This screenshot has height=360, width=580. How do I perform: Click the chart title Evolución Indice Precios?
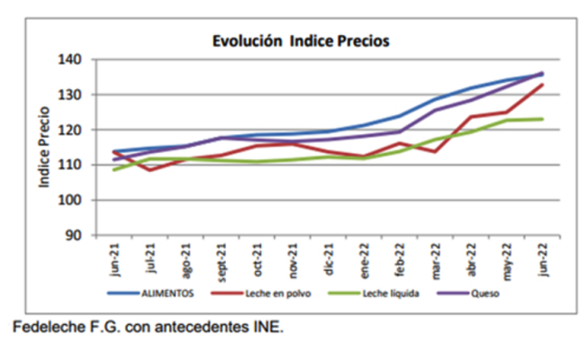coord(300,41)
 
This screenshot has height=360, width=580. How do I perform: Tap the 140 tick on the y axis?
coord(71,59)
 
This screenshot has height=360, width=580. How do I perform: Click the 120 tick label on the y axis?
coord(71,130)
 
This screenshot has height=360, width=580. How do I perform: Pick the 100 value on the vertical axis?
coord(71,200)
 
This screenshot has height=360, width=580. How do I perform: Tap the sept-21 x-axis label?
coord(222,260)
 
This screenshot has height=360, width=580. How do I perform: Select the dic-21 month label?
coord(330,258)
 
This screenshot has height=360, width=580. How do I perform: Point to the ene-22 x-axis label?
coord(365,259)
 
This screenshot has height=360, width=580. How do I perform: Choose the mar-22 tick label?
coord(436,259)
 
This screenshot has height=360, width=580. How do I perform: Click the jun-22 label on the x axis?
coord(542,258)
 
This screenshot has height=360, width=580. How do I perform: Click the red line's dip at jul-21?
coord(151,169)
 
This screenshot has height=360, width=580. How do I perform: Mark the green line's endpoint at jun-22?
coord(542,119)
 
